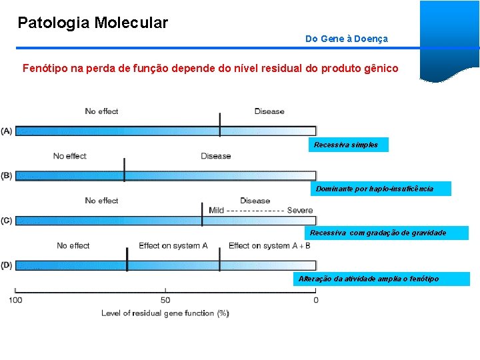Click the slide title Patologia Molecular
pyautogui.click(x=93, y=23)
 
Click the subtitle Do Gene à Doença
pyautogui.click(x=346, y=39)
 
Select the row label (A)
pyautogui.click(x=7, y=131)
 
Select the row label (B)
pyautogui.click(x=7, y=176)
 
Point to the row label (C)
pyautogui.click(x=7, y=221)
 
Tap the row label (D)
pyautogui.click(x=7, y=265)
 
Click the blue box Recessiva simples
pyautogui.click(x=347, y=145)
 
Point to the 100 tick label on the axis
pyautogui.click(x=15, y=300)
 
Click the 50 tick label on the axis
pyautogui.click(x=165, y=300)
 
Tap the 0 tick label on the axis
pyautogui.click(x=316, y=300)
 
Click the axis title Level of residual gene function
pyautogui.click(x=165, y=313)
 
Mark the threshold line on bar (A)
pyautogui.click(x=220, y=125)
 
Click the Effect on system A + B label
pyautogui.click(x=269, y=246)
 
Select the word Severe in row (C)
pyautogui.click(x=300, y=211)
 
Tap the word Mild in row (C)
pyautogui.click(x=216, y=211)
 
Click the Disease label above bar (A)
pyautogui.click(x=269, y=111)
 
